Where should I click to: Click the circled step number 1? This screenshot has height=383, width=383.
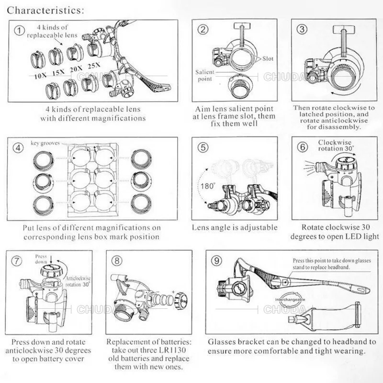(18, 31)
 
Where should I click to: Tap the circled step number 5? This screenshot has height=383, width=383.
(203, 147)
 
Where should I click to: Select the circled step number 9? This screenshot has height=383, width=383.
(217, 260)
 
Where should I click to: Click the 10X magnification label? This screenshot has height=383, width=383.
(41, 76)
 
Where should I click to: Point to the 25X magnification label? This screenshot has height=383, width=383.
(94, 65)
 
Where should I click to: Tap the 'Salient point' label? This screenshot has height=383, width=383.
(205, 75)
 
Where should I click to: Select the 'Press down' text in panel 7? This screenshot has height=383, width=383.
(42, 259)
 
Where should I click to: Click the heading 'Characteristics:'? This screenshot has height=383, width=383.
(46, 10)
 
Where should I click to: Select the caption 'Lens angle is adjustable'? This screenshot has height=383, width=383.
(235, 228)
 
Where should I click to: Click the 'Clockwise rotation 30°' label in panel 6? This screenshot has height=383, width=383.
(336, 145)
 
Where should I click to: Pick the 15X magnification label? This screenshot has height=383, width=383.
(58, 73)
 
